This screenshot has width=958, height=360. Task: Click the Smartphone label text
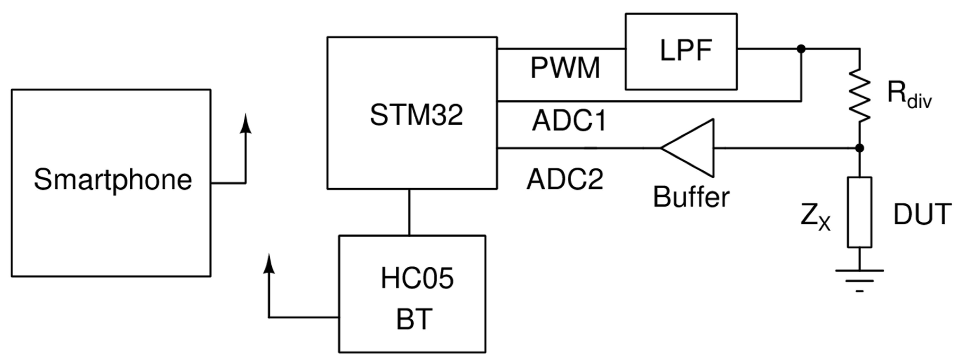click(x=113, y=180)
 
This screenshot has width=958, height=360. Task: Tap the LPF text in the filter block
click(x=685, y=51)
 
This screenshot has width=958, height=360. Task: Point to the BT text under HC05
click(x=414, y=319)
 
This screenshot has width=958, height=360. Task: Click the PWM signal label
click(x=565, y=68)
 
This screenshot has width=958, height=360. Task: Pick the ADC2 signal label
click(x=564, y=180)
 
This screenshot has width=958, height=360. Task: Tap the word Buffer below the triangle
click(x=691, y=197)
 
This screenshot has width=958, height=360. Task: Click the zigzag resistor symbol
click(x=859, y=95)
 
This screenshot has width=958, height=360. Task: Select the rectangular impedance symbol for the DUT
click(x=859, y=212)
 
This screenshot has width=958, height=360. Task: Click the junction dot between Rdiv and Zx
click(x=859, y=148)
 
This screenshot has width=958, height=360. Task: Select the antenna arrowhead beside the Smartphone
click(x=246, y=124)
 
